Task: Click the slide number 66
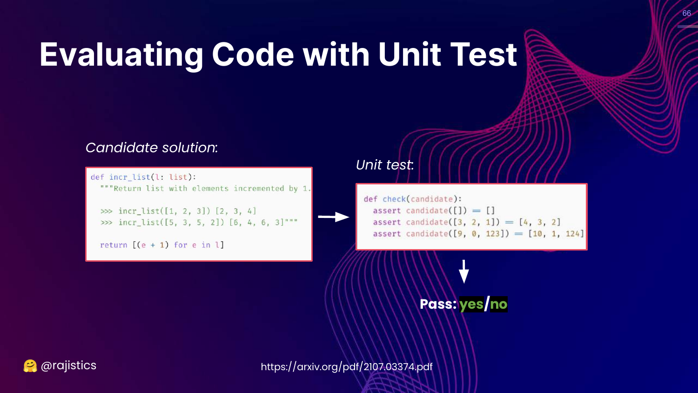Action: pyautogui.click(x=686, y=13)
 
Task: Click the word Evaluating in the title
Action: pyautogui.click(x=121, y=55)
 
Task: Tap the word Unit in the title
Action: pyautogui.click(x=410, y=54)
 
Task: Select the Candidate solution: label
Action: pyautogui.click(x=151, y=148)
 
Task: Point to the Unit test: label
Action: pyautogui.click(x=385, y=165)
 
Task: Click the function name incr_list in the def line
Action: pyautogui.click(x=130, y=177)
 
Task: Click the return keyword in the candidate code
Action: pyautogui.click(x=114, y=245)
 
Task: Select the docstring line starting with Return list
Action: pyautogui.click(x=206, y=189)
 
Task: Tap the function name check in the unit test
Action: pyautogui.click(x=394, y=199)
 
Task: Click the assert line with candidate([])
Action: pyautogui.click(x=434, y=211)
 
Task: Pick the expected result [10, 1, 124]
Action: pyautogui.click(x=556, y=234)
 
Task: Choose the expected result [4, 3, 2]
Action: pyautogui.click(x=540, y=222)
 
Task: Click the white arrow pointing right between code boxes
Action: pyautogui.click(x=334, y=217)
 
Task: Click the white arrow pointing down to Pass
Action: pyautogui.click(x=464, y=271)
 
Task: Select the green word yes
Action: pyautogui.click(x=471, y=305)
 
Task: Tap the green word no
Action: pyautogui.click(x=498, y=304)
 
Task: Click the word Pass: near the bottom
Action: pyautogui.click(x=438, y=304)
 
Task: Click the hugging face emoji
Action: pyautogui.click(x=30, y=366)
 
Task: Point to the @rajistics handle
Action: pyautogui.click(x=68, y=366)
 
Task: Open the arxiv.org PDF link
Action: pyautogui.click(x=347, y=367)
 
